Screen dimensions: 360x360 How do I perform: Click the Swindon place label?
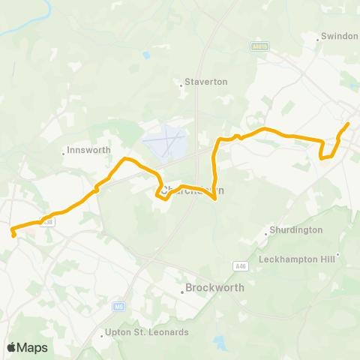340,36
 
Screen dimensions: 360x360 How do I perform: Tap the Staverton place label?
205,82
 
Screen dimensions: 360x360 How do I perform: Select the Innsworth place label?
88,149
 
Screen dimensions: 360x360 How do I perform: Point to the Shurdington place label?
296,230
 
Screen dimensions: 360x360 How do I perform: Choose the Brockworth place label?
211,287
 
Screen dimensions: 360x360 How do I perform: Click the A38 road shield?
49,222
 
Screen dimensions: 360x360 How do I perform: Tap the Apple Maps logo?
27,347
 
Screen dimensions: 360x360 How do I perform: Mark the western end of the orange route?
14,235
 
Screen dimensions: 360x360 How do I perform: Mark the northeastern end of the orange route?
349,123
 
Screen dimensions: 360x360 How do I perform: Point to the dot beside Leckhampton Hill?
338,255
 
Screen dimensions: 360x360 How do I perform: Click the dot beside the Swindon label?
318,37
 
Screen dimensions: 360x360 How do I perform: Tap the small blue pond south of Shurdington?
219,343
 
